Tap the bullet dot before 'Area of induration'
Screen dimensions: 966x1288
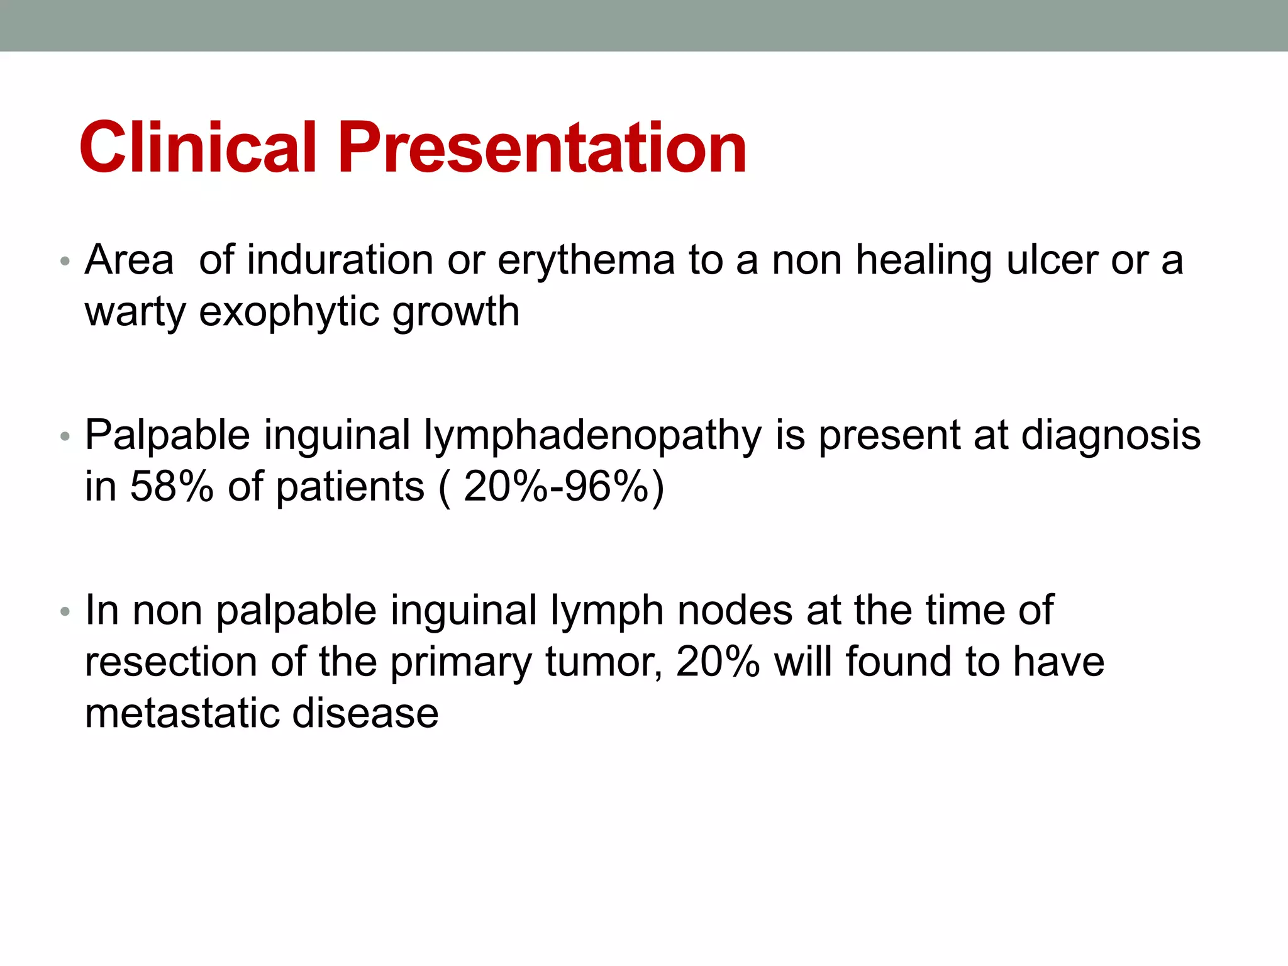64,261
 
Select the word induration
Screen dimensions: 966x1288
340,260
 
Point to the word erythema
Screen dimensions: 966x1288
586,261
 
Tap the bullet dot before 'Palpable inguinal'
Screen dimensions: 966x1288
64,436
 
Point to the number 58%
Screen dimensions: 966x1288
171,487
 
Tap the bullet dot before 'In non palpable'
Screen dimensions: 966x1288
64,611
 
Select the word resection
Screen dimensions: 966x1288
171,662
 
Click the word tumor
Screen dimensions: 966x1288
603,662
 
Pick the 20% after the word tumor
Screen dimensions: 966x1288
718,662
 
